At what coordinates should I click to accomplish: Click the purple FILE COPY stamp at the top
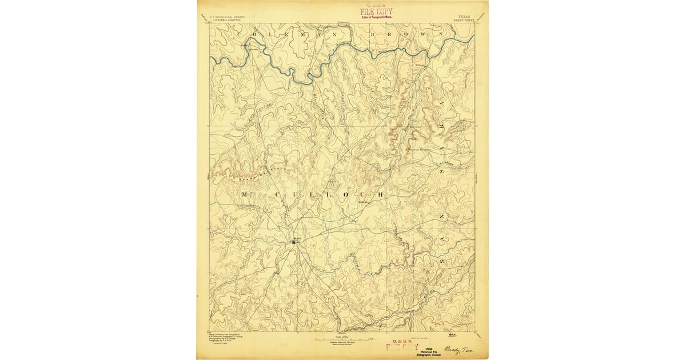coord(376,11)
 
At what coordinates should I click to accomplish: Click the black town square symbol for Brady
coord(295,242)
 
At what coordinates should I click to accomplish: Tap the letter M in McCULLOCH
coord(244,195)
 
